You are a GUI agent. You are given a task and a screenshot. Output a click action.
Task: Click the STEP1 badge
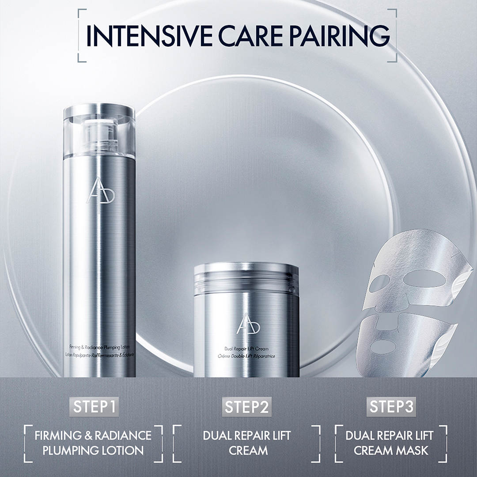pos(95,406)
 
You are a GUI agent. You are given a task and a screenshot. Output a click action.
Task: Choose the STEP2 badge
pos(247,406)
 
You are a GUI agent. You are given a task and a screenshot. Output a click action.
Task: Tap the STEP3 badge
pos(391,406)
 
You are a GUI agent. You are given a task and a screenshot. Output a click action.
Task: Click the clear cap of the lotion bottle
pos(99,132)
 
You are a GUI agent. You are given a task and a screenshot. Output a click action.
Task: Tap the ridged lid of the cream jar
pos(246,278)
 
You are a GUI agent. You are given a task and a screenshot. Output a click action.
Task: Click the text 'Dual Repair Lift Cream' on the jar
pos(246,349)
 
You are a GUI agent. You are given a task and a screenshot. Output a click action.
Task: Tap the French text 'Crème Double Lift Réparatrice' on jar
pos(246,356)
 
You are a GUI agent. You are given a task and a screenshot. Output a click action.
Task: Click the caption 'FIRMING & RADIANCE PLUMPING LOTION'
pos(93,443)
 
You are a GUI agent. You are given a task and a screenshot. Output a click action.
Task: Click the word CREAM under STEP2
pos(247,450)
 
